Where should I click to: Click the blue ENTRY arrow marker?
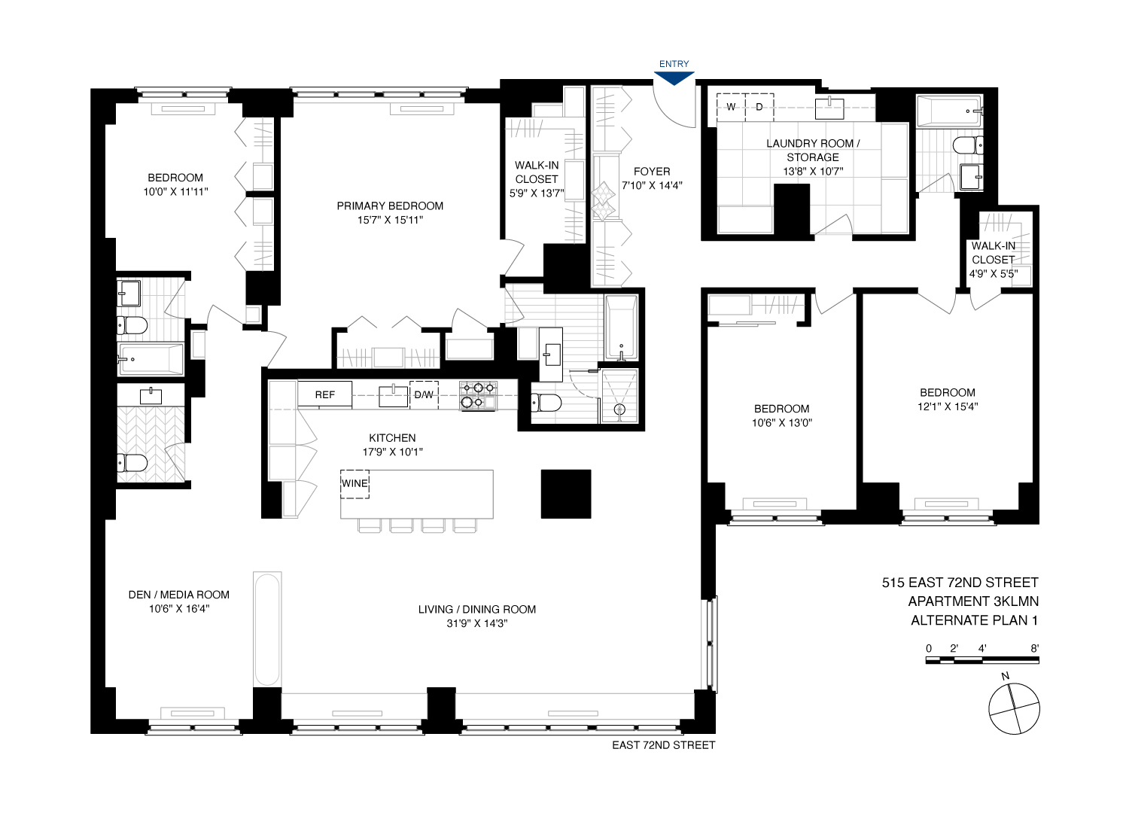click(x=674, y=78)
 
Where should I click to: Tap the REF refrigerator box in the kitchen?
click(x=325, y=394)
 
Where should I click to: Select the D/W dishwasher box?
click(x=424, y=394)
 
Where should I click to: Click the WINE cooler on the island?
click(x=355, y=483)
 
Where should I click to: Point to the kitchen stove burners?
click(x=479, y=395)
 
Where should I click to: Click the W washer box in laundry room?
click(x=730, y=107)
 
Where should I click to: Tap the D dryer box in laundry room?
click(x=759, y=107)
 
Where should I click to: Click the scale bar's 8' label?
click(x=1035, y=648)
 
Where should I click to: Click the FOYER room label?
click(x=652, y=172)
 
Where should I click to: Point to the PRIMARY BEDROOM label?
click(x=390, y=205)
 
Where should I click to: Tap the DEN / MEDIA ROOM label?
click(x=179, y=595)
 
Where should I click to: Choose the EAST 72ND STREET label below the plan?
click(x=663, y=745)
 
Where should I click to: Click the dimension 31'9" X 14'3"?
click(x=477, y=623)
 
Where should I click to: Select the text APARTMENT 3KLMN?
click(x=973, y=601)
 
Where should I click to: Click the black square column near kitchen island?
click(x=566, y=494)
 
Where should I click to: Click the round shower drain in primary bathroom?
click(x=620, y=409)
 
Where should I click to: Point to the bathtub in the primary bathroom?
click(x=622, y=328)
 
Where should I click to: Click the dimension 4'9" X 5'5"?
click(x=993, y=274)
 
